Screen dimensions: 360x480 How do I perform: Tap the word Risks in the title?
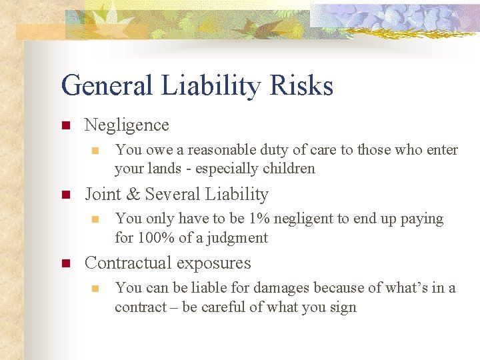(304, 86)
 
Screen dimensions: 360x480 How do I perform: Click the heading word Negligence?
(127, 125)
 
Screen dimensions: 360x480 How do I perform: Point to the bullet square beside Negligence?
(65, 125)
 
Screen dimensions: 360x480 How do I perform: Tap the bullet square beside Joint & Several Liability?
(65, 195)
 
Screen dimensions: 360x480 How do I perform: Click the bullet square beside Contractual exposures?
(65, 263)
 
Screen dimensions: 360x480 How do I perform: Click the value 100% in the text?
(155, 238)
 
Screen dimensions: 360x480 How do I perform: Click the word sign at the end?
(343, 307)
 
